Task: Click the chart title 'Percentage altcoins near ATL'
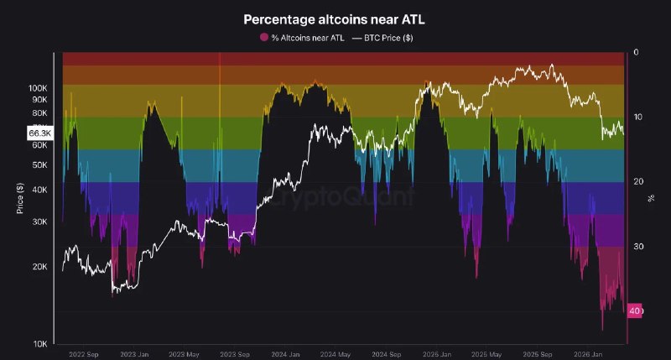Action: pyautogui.click(x=334, y=19)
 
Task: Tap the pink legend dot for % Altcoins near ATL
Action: pyautogui.click(x=264, y=37)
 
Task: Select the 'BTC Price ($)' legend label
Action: pyautogui.click(x=388, y=38)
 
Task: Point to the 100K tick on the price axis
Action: pyautogui.click(x=38, y=88)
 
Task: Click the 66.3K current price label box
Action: pyautogui.click(x=39, y=133)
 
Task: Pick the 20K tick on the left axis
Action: pyautogui.click(x=39, y=267)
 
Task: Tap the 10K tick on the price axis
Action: pyautogui.click(x=39, y=344)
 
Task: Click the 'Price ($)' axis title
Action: pyautogui.click(x=19, y=198)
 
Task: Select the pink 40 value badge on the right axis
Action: pyautogui.click(x=635, y=310)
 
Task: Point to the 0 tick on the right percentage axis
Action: pyautogui.click(x=636, y=52)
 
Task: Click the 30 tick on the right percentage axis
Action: pyautogui.click(x=638, y=246)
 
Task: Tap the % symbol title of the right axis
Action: pyautogui.click(x=651, y=198)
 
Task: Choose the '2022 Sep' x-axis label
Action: pyautogui.click(x=84, y=354)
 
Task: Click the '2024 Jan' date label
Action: pyautogui.click(x=285, y=354)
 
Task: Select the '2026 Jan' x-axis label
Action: pyautogui.click(x=588, y=354)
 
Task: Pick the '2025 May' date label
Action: pyautogui.click(x=486, y=354)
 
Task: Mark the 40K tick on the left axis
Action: pyautogui.click(x=39, y=190)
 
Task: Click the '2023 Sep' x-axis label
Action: pyautogui.click(x=235, y=354)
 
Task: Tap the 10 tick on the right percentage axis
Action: pyautogui.click(x=638, y=117)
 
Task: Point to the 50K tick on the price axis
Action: pyautogui.click(x=39, y=164)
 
